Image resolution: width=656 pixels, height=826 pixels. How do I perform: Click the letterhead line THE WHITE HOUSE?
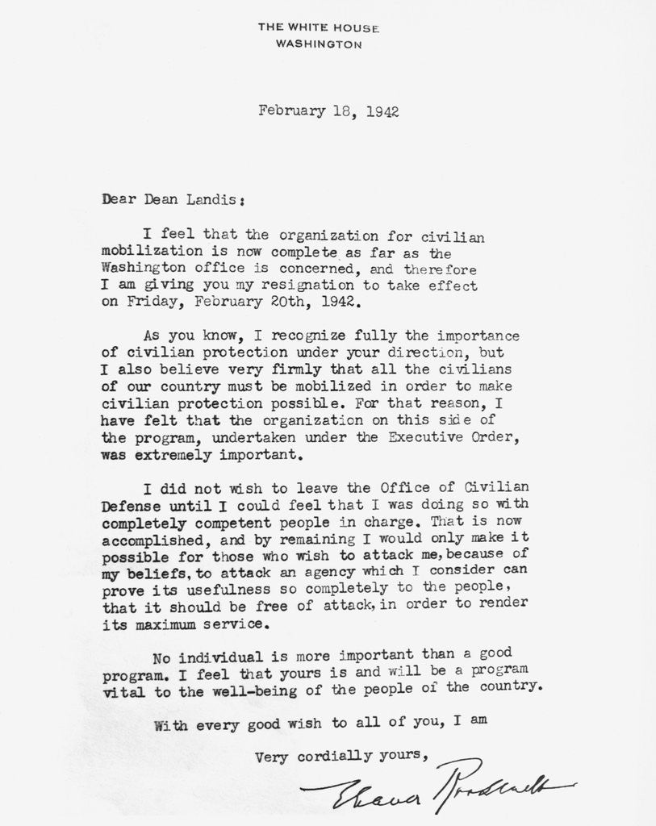point(318,27)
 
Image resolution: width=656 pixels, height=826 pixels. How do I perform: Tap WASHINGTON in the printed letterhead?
point(319,44)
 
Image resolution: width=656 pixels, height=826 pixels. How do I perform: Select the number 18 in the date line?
point(339,111)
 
